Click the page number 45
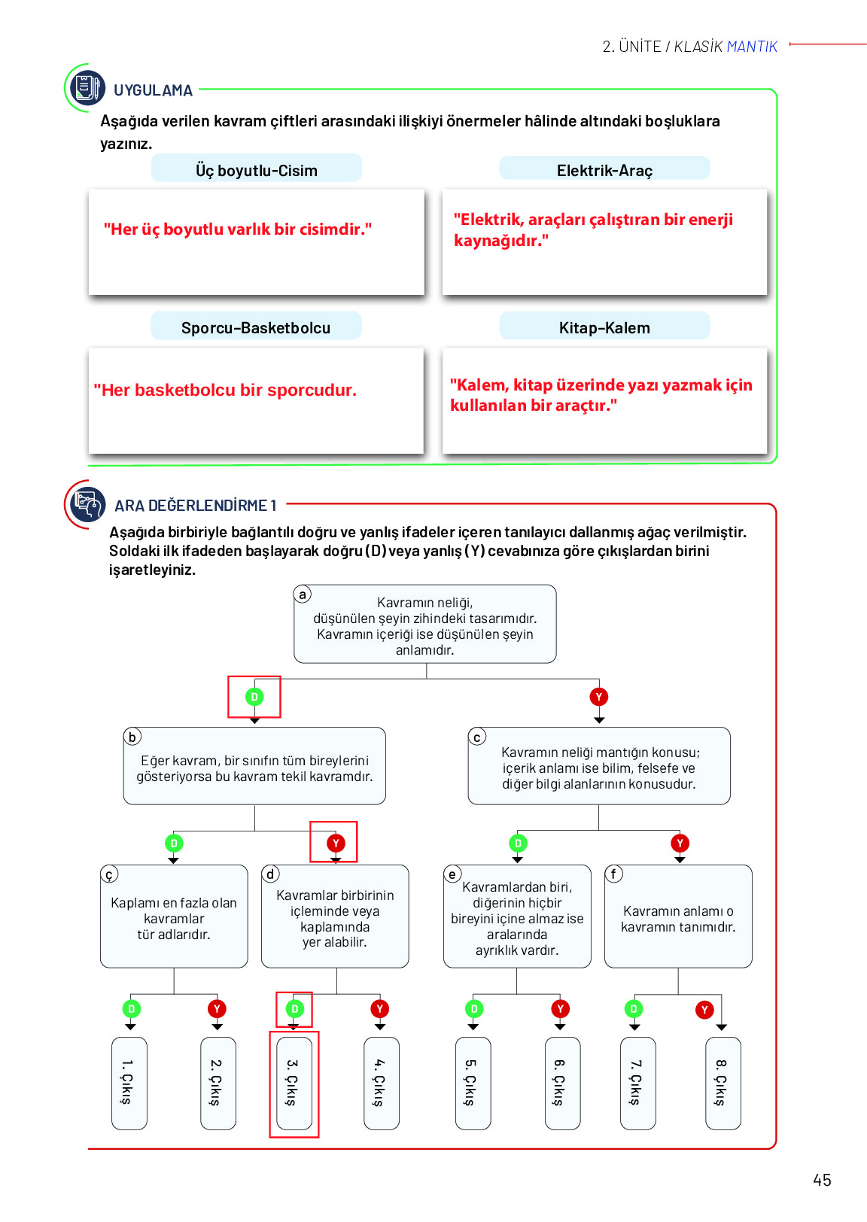click(822, 1180)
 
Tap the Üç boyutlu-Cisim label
click(256, 170)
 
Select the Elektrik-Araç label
click(604, 170)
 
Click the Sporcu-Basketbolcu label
click(256, 327)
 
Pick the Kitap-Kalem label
click(604, 327)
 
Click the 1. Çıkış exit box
click(129, 1083)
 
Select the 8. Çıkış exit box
click(722, 1083)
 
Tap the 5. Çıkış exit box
click(473, 1083)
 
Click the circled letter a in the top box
click(303, 594)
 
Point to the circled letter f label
click(613, 873)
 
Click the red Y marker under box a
click(599, 697)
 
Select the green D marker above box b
click(254, 697)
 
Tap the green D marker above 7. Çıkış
click(634, 1009)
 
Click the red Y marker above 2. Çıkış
click(217, 1009)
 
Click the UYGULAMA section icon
click(87, 88)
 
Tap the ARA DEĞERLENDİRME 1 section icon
click(87, 503)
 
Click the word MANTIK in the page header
click(752, 47)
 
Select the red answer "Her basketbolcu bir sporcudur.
click(225, 390)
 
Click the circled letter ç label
click(109, 874)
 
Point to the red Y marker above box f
click(680, 844)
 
